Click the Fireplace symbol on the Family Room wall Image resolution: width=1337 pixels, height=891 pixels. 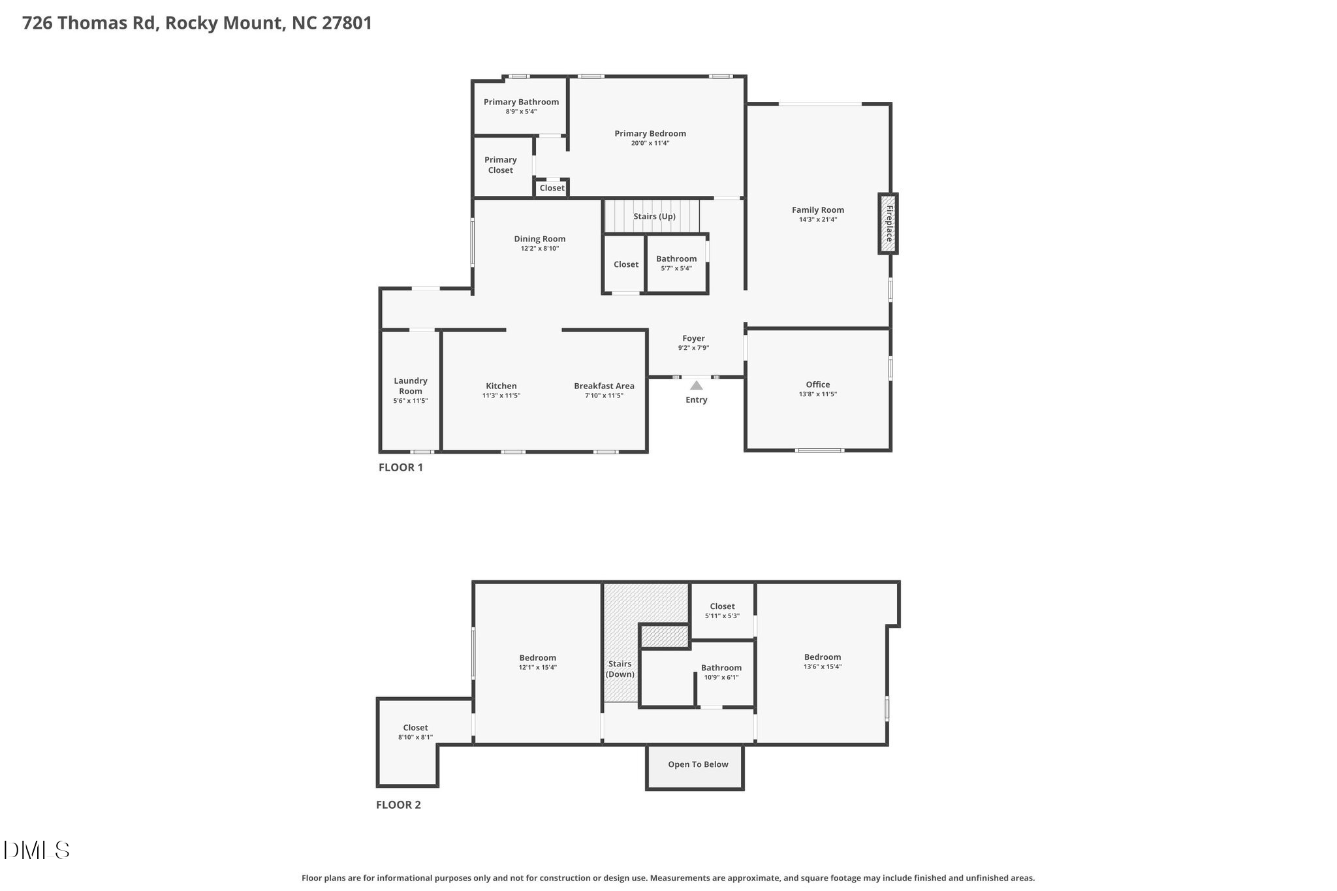coord(888,223)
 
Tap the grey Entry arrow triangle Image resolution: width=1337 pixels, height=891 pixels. coord(697,385)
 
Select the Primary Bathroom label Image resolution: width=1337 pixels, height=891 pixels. coord(521,102)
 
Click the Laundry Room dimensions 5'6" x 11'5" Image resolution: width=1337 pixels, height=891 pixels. coord(411,401)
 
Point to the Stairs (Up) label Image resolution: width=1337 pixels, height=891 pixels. coord(654,217)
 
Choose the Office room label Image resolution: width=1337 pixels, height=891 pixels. coord(818,384)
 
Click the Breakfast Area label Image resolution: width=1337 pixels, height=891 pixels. coord(604,386)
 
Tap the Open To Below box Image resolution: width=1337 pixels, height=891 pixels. coord(695,768)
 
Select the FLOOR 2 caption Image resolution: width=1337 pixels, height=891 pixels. coord(398,805)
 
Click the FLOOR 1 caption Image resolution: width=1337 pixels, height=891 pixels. coord(401,467)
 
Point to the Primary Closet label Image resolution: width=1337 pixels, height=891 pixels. coord(501,165)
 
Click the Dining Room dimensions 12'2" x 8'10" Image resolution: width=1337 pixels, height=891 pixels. coord(540,249)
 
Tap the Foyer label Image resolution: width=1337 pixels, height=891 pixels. coord(693,338)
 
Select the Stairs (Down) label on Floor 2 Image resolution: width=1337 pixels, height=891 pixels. coord(620,669)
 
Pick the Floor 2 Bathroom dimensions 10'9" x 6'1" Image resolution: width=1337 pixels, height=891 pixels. coord(721,678)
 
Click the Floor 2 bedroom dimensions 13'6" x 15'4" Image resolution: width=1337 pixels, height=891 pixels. coord(823,667)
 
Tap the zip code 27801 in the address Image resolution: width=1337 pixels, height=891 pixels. coord(347,23)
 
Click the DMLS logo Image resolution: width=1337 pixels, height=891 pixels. coord(37,850)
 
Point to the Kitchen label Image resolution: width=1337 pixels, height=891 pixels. coord(501,386)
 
